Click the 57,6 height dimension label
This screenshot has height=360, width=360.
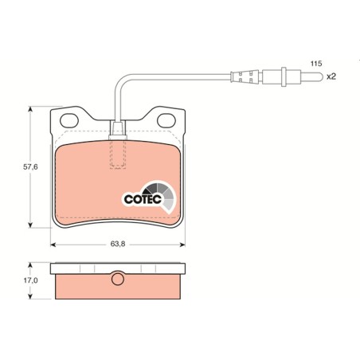[30, 167]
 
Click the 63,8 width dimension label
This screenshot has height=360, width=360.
[118, 244]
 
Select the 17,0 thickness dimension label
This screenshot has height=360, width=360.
[31, 280]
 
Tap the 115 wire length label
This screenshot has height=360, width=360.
[316, 64]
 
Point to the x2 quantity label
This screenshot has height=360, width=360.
[331, 76]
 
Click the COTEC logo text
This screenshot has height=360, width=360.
[143, 199]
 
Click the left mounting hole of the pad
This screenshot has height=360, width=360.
[69, 120]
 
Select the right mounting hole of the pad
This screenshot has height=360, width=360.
[166, 120]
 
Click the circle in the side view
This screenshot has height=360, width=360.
[118, 279]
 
